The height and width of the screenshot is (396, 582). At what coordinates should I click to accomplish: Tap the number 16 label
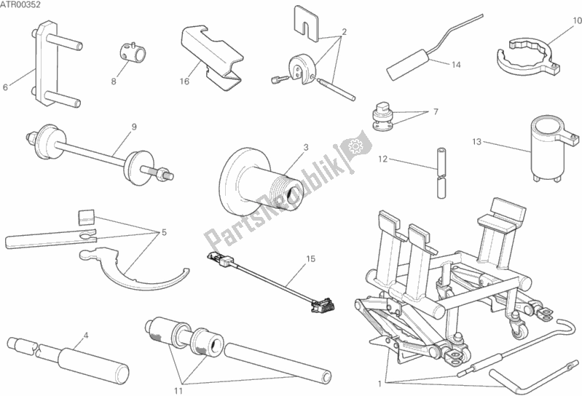[x=185, y=82]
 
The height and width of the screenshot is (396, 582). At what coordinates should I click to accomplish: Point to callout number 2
[x=345, y=31]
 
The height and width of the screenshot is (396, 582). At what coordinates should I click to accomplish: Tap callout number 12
[x=382, y=157]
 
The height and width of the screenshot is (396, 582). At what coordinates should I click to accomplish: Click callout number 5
[x=164, y=232]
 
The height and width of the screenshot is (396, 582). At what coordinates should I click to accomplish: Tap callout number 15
[x=310, y=258]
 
